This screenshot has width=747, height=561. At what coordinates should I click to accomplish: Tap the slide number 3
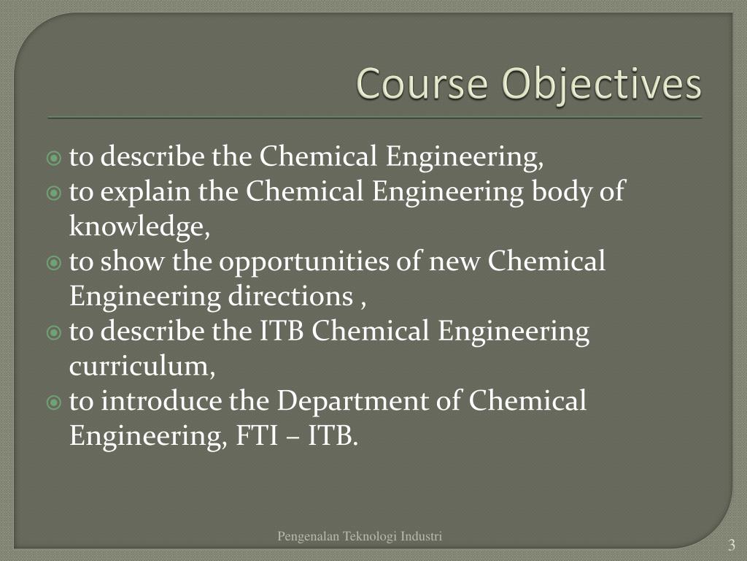click(731, 546)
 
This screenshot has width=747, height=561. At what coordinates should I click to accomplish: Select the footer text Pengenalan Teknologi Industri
click(360, 537)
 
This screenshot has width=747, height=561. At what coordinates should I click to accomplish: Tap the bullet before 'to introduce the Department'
click(53, 402)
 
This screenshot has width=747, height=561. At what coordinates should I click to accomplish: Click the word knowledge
click(139, 228)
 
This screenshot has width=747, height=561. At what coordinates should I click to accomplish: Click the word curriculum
click(142, 367)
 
